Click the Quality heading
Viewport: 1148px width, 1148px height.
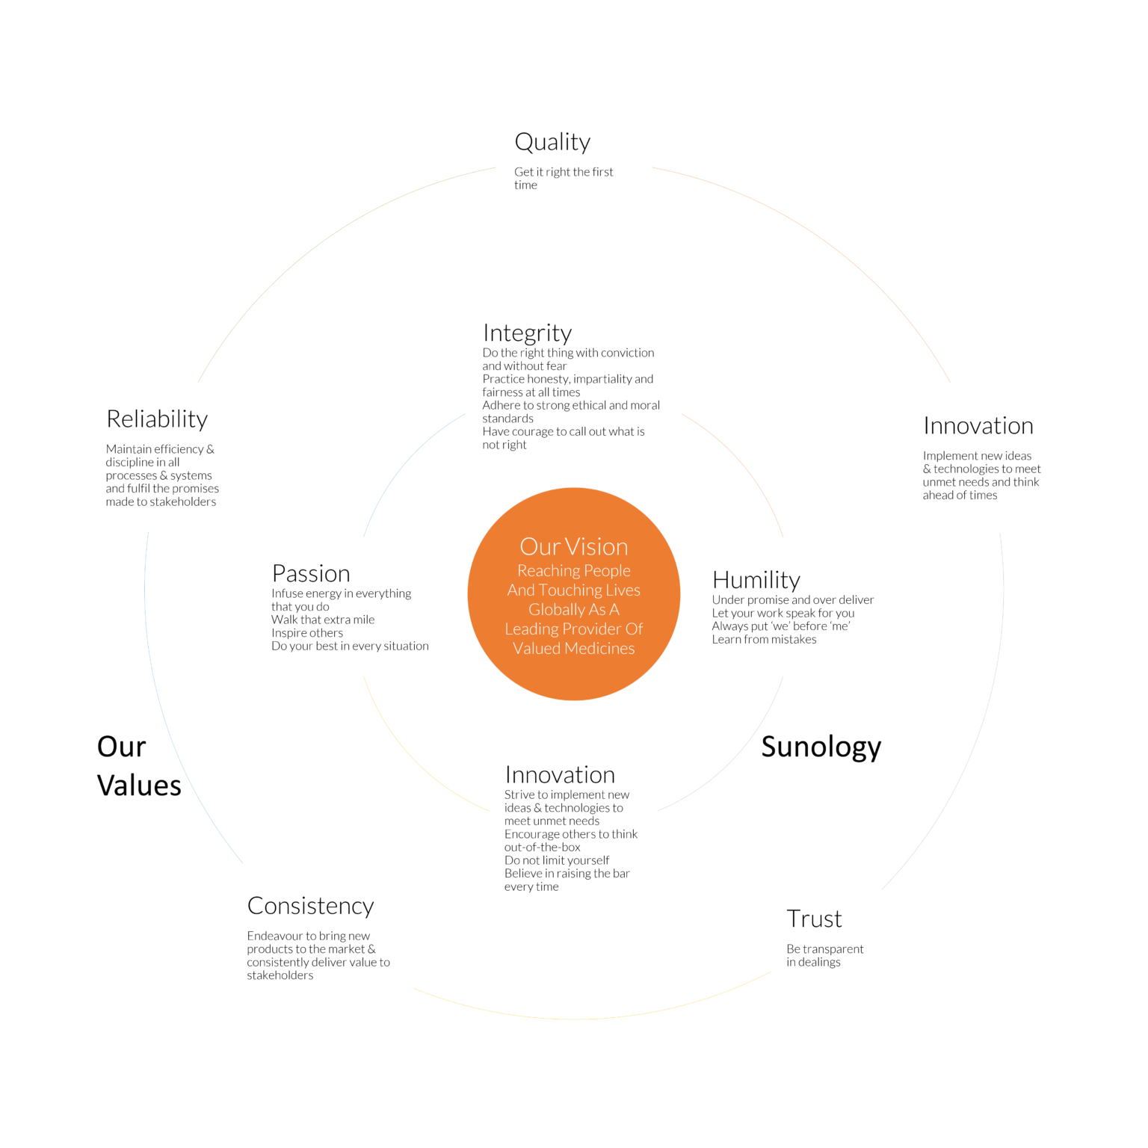[x=552, y=142]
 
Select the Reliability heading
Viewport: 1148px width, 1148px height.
[x=157, y=419]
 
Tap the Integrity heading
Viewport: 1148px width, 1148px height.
[x=527, y=333]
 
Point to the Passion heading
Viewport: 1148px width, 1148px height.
[x=311, y=573]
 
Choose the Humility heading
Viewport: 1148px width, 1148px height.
[x=756, y=580]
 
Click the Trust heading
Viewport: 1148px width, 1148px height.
[x=814, y=919]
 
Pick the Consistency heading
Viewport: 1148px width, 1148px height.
[x=310, y=906]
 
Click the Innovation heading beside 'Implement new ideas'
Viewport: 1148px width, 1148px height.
[x=978, y=425]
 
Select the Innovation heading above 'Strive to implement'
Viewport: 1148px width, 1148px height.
[x=560, y=774]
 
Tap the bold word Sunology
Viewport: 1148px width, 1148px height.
[x=821, y=747]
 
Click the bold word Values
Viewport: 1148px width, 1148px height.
[x=139, y=786]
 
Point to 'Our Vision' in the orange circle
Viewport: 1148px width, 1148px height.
[x=574, y=546]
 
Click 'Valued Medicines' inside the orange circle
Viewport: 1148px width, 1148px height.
[x=574, y=648]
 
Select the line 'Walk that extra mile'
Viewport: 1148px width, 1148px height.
[x=323, y=620]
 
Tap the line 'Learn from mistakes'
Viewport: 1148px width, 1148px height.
[x=764, y=639]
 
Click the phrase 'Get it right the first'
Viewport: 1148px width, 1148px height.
[x=564, y=172]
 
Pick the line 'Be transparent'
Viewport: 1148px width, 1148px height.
[x=825, y=949]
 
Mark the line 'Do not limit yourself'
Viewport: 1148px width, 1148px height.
[x=557, y=860]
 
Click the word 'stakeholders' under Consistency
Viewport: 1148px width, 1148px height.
[x=280, y=975]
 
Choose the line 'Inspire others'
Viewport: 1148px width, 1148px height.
[x=307, y=633]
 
